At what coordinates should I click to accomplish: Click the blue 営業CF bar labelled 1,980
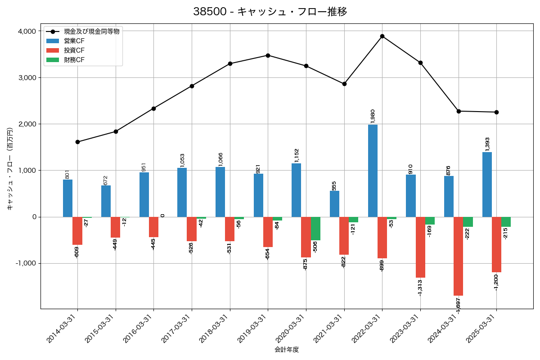click(x=373, y=171)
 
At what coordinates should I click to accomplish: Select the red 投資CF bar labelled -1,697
click(x=458, y=256)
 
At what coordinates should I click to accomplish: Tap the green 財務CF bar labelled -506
click(x=315, y=229)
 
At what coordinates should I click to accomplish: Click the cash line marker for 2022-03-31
click(x=382, y=36)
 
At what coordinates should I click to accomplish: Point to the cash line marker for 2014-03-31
click(x=77, y=142)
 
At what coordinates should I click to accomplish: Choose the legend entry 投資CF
click(x=74, y=50)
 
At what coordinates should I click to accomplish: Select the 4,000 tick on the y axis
click(x=27, y=31)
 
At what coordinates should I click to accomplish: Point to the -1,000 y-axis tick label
click(x=25, y=263)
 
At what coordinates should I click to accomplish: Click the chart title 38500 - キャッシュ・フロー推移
click(x=270, y=12)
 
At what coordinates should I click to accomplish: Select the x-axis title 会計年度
click(x=287, y=350)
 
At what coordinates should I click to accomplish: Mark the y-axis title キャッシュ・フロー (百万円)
click(x=10, y=169)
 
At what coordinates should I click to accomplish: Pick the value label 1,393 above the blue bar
click(x=487, y=144)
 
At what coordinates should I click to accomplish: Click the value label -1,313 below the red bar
click(x=420, y=287)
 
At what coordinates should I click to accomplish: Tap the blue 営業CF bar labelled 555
click(x=334, y=204)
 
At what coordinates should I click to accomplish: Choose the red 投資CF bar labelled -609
click(x=77, y=231)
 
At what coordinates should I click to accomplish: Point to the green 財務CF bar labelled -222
click(x=468, y=222)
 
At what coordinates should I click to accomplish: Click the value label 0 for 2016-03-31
click(x=162, y=215)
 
